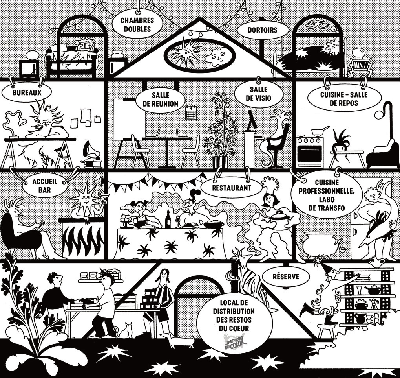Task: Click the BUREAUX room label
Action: pos(27,92)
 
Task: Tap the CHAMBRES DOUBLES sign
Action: pos(137,24)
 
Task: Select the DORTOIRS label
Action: pos(262,30)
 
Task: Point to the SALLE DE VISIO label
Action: pos(259,94)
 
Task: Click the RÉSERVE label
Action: pos(286,276)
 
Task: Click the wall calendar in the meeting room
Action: pos(191,112)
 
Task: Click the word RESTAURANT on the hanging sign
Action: pos(232,188)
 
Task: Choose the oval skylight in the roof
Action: pos(199,53)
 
